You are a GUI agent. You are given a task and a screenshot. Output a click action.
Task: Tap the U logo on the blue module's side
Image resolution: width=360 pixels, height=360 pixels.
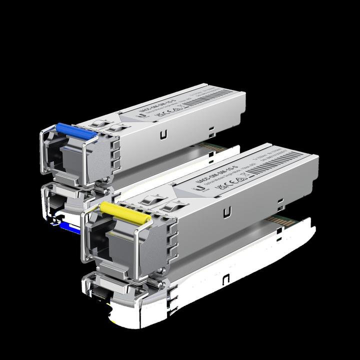pos(163,134)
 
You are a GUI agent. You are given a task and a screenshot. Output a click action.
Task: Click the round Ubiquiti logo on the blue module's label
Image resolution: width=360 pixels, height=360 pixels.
pos(142,114)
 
